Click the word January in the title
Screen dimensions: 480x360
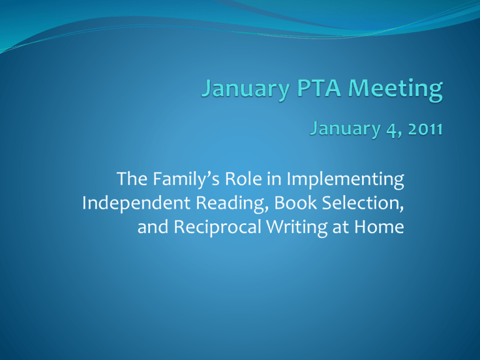[x=246, y=89]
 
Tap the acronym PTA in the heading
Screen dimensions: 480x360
[x=319, y=88]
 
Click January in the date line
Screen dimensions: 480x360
[x=345, y=129]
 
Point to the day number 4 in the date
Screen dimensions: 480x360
[x=391, y=130]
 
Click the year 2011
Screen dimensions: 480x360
[x=426, y=129]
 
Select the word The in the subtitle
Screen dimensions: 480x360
[x=132, y=179]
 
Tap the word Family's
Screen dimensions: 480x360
[x=186, y=180]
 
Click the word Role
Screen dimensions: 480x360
[x=243, y=179]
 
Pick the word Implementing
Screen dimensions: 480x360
[x=345, y=180]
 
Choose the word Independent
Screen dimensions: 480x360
[x=136, y=203]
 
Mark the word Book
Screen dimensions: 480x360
[x=296, y=203]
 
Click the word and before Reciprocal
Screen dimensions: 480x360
[x=152, y=227]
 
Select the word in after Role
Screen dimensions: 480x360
[x=274, y=179]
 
